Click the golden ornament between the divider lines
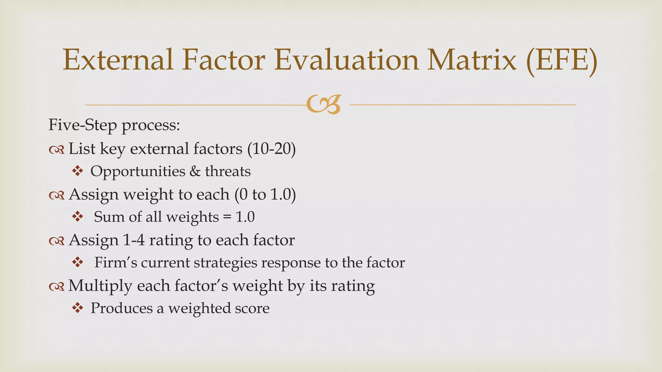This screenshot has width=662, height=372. click(x=324, y=104)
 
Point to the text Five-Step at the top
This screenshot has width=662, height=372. click(x=82, y=125)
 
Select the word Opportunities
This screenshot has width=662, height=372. click(x=138, y=171)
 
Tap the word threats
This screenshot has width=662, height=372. click(x=228, y=171)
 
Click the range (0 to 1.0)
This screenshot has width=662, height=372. click(x=265, y=195)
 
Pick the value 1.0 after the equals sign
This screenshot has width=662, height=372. click(x=245, y=217)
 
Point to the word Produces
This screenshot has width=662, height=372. click(x=121, y=308)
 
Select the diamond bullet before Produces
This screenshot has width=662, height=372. click(x=78, y=308)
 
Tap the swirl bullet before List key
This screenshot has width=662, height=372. click(x=57, y=150)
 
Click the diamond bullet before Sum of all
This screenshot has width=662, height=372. click(x=78, y=216)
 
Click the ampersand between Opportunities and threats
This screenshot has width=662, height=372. click(x=195, y=171)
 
